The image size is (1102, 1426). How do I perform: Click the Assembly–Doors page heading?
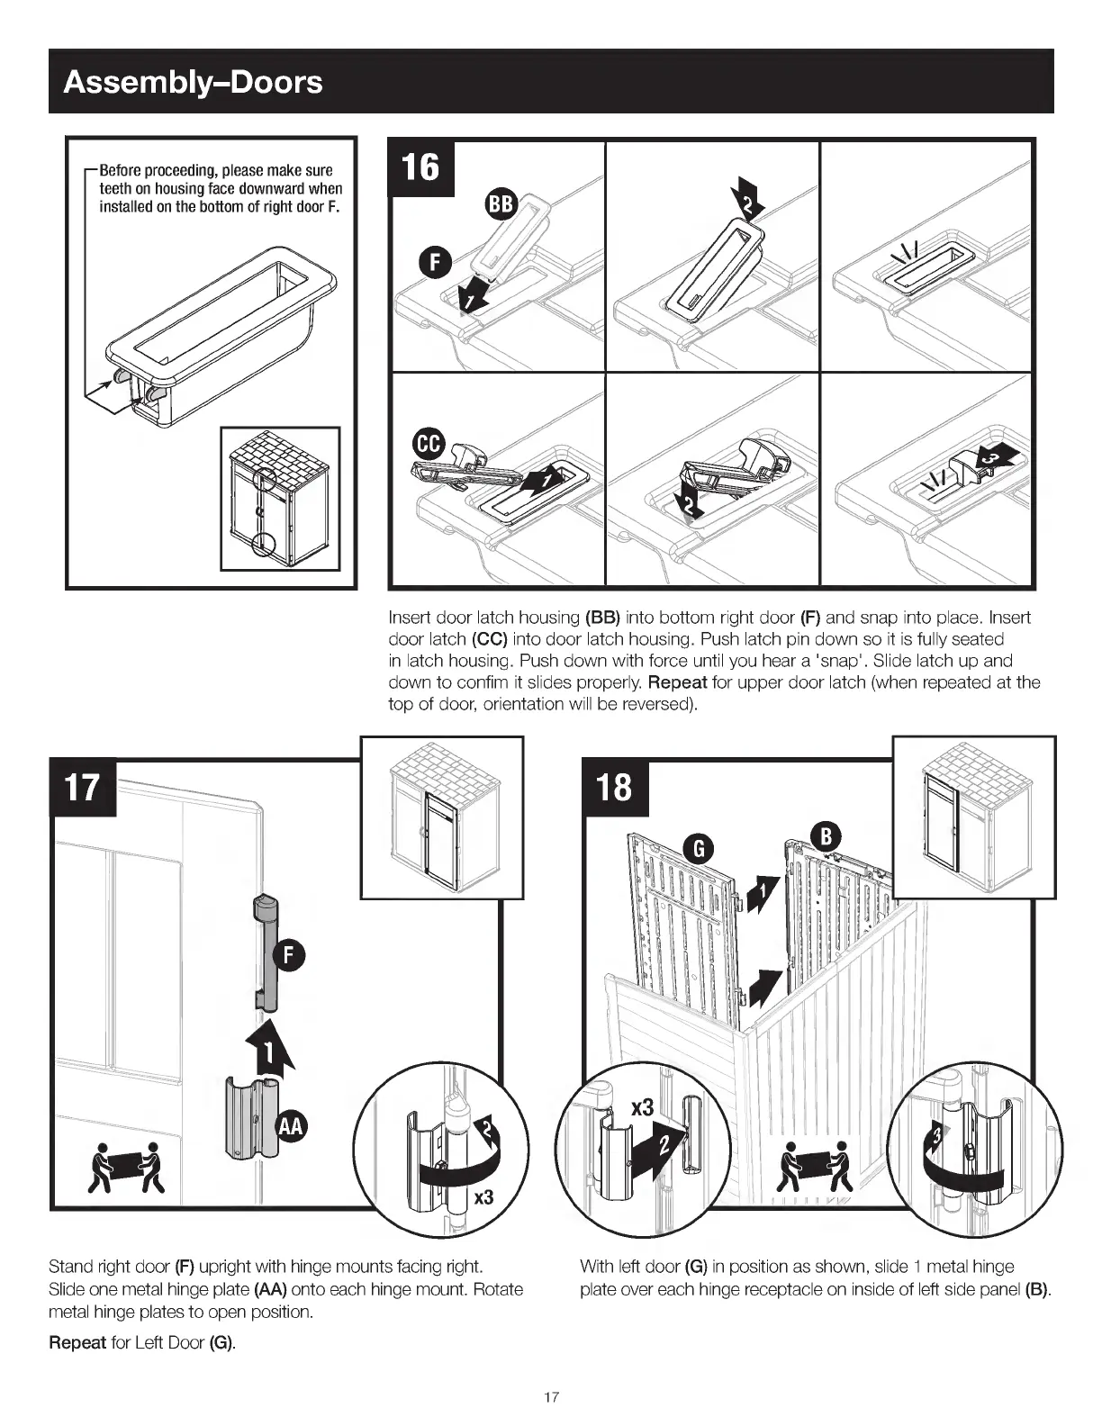point(193,82)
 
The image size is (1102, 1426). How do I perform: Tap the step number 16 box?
point(420,167)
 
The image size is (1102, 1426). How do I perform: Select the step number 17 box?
point(82,787)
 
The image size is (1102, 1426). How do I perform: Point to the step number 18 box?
point(615,787)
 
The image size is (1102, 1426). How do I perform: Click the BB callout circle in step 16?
point(500,204)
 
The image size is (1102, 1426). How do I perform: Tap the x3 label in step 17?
point(483,1197)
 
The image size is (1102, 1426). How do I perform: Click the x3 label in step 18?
point(641,1107)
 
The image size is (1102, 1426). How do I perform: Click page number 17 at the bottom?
point(551,1397)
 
